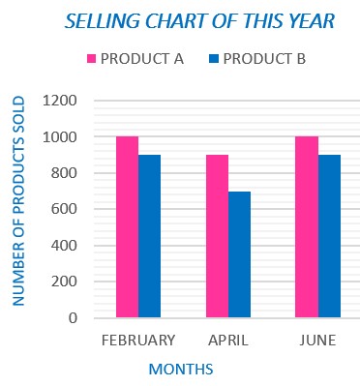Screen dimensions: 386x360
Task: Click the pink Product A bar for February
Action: click(127, 227)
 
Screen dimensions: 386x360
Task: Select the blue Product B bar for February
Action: click(149, 236)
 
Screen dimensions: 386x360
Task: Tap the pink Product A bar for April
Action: click(217, 236)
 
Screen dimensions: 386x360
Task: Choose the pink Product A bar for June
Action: click(307, 227)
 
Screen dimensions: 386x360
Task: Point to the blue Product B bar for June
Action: click(329, 236)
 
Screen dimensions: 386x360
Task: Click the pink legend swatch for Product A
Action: click(92, 59)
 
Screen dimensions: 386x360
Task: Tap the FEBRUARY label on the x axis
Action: click(138, 340)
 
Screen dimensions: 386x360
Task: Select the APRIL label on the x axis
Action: click(228, 340)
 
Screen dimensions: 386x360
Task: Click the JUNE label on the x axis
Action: click(318, 340)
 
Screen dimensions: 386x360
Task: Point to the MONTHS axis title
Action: click(181, 369)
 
